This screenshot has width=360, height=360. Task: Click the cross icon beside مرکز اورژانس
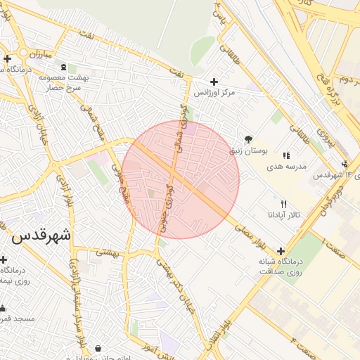pyautogui.click(x=214, y=82)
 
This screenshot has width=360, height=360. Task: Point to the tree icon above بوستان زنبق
pyautogui.click(x=247, y=139)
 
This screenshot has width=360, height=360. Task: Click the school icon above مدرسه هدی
pyautogui.click(x=286, y=155)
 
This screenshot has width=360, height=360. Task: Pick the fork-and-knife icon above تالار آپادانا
pyautogui.click(x=283, y=203)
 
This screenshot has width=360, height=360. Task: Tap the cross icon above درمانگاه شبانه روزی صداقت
pyautogui.click(x=281, y=250)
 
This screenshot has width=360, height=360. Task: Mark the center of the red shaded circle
pyautogui.click(x=181, y=179)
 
